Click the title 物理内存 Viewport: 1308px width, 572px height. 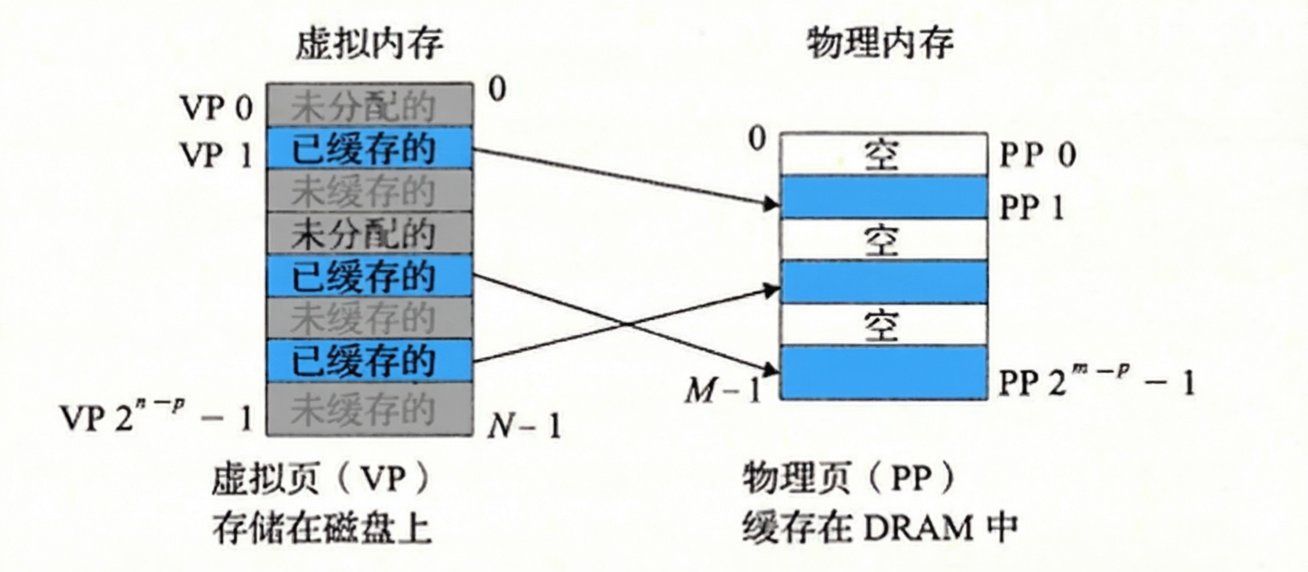880,43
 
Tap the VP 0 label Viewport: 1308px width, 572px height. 215,109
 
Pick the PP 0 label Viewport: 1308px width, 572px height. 1037,155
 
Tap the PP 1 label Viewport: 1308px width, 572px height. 1031,207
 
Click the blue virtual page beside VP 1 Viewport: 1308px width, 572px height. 369,148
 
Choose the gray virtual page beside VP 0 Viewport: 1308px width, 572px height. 369,106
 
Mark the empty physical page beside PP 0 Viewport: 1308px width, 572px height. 883,154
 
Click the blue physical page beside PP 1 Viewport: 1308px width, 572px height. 883,197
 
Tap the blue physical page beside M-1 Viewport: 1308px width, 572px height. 883,372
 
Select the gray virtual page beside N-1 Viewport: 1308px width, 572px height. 369,409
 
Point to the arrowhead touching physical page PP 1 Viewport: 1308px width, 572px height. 772,204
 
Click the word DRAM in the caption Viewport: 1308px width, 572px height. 921,529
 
